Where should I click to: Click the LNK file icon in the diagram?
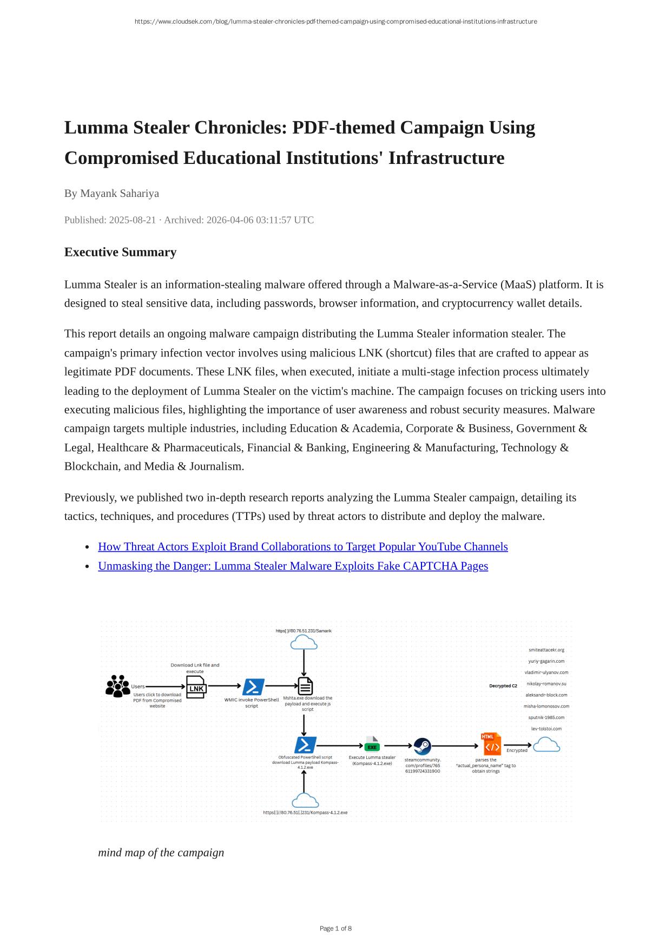[x=196, y=687]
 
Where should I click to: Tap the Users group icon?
[x=117, y=686]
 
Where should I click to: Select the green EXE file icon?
[x=372, y=744]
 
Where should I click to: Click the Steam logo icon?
[x=422, y=747]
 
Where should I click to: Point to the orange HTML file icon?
[x=491, y=744]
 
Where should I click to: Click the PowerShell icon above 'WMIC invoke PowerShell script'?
[x=253, y=687]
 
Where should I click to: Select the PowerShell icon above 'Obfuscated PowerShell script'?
[x=305, y=745]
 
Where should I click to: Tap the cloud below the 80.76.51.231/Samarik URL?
[x=304, y=643]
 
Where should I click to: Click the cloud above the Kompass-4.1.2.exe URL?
[x=305, y=801]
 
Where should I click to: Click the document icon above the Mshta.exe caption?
[x=305, y=686]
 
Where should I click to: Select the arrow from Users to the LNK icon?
[x=166, y=687]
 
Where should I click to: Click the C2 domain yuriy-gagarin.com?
[x=546, y=661]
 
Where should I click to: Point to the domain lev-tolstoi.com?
[x=546, y=729]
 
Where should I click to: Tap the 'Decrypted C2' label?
[x=503, y=686]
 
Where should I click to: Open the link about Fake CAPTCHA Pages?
[x=293, y=566]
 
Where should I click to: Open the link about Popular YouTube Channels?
[x=302, y=546]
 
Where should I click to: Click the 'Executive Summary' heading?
[x=120, y=252]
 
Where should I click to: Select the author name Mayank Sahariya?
[x=119, y=193]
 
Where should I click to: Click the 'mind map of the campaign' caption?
[x=161, y=853]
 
